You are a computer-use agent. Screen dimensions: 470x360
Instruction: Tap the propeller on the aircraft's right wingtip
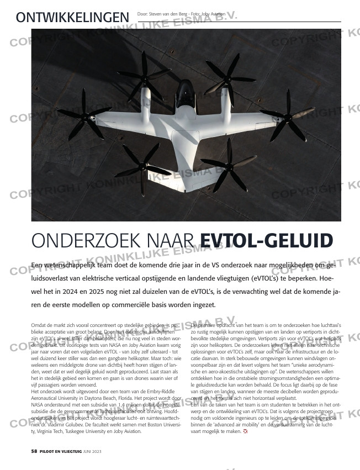click(288, 115)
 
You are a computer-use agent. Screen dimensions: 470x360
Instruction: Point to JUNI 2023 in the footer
click(92, 452)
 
